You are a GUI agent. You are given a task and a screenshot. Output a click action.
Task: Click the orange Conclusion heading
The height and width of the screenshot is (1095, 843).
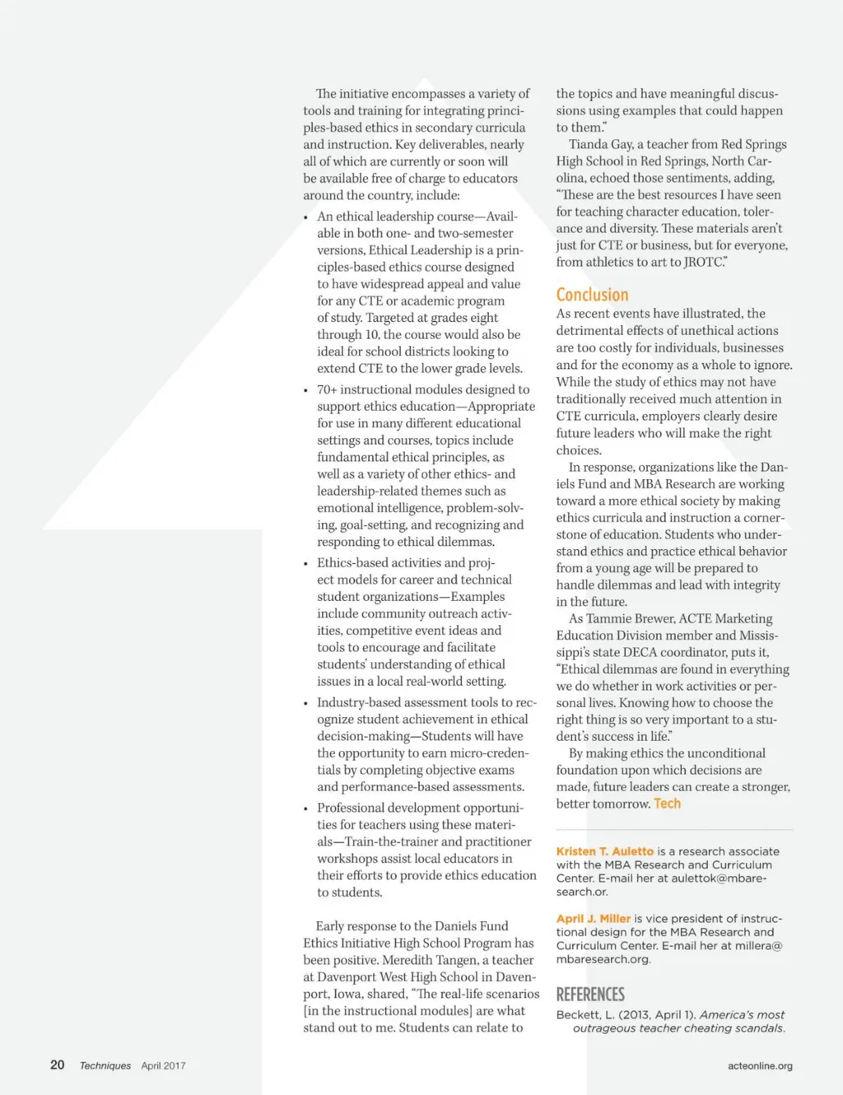click(592, 295)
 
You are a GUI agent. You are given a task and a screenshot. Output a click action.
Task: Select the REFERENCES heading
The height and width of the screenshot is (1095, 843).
click(590, 995)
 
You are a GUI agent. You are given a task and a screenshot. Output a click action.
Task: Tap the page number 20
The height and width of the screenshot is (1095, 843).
click(58, 1065)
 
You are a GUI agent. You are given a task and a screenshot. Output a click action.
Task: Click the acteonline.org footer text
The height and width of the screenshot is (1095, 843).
click(760, 1065)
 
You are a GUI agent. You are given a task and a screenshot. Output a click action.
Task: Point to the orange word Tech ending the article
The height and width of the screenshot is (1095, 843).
click(667, 804)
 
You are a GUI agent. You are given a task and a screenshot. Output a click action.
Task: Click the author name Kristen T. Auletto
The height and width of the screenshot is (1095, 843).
click(604, 851)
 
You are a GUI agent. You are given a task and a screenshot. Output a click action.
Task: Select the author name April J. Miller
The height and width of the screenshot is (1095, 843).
click(593, 919)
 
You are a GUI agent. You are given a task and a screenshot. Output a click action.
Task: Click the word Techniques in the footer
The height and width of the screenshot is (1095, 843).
click(105, 1065)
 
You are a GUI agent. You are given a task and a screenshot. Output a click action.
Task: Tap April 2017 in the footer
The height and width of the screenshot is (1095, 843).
click(163, 1065)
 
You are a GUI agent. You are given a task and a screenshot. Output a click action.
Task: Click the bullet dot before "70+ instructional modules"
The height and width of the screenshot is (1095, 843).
click(306, 390)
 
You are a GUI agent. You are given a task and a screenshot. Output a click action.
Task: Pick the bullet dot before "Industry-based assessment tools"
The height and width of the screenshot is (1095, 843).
click(306, 703)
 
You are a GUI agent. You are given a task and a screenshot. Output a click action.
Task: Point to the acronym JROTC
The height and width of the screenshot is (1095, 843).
click(703, 262)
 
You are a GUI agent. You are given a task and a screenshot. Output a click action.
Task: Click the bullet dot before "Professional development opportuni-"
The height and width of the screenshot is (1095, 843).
click(306, 808)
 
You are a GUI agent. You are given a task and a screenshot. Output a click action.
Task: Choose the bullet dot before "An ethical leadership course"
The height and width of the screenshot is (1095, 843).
click(306, 217)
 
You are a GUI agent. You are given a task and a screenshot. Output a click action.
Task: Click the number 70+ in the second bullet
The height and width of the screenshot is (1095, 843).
click(327, 389)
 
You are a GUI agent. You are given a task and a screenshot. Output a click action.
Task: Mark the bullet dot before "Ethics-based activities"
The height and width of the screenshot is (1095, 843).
click(306, 564)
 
